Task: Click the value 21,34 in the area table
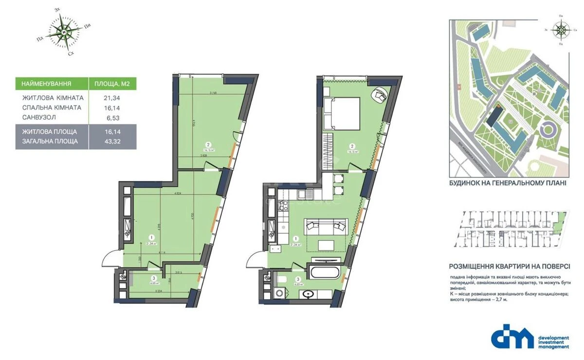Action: pyautogui.click(x=112, y=98)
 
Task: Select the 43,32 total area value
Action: pyautogui.click(x=112, y=141)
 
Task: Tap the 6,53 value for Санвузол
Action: pyautogui.click(x=112, y=117)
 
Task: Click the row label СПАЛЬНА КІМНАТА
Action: pyautogui.click(x=52, y=108)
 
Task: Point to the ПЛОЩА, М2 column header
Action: pyautogui.click(x=112, y=84)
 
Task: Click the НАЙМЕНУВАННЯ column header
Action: pyautogui.click(x=47, y=84)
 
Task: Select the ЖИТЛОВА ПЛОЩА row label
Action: pyautogui.click(x=49, y=131)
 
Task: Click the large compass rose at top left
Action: pyautogui.click(x=64, y=32)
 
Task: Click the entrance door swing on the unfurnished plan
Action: pyautogui.click(x=111, y=256)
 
